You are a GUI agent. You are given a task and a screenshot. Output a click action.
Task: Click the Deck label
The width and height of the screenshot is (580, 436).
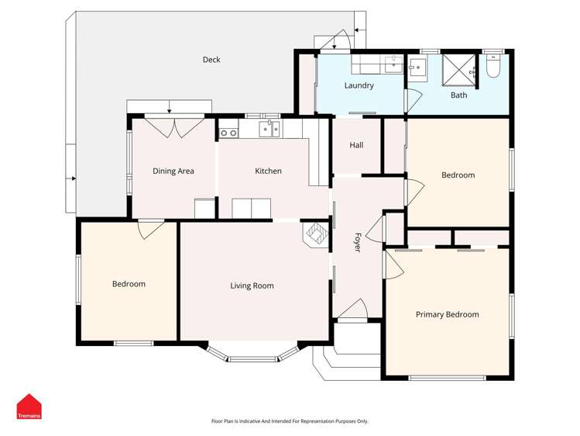(x=211, y=60)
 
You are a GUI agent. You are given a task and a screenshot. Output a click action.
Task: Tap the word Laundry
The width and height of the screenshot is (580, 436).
(x=359, y=85)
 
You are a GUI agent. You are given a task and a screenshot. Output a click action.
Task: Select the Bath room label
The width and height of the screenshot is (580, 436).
(x=459, y=95)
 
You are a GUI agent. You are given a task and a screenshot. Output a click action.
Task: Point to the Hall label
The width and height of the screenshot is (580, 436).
(x=356, y=145)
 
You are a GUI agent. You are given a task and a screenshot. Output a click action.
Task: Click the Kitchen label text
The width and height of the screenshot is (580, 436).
(x=269, y=171)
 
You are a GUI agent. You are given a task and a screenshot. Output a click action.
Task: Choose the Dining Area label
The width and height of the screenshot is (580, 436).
(x=173, y=171)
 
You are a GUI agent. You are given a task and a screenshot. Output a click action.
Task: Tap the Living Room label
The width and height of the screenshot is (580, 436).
(x=252, y=285)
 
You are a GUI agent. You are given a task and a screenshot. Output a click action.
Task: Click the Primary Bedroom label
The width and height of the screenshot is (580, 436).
(x=447, y=314)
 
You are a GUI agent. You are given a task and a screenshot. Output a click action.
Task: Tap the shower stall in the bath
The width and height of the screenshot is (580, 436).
(x=458, y=70)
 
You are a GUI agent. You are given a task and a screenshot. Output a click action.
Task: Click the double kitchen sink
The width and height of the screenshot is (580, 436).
(x=269, y=129)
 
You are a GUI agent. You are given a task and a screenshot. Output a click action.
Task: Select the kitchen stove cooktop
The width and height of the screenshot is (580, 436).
(x=228, y=132)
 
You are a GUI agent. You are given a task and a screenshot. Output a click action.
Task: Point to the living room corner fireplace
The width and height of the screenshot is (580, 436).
(x=317, y=234)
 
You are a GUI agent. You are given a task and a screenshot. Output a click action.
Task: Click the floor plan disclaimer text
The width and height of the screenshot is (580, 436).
(x=290, y=421)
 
